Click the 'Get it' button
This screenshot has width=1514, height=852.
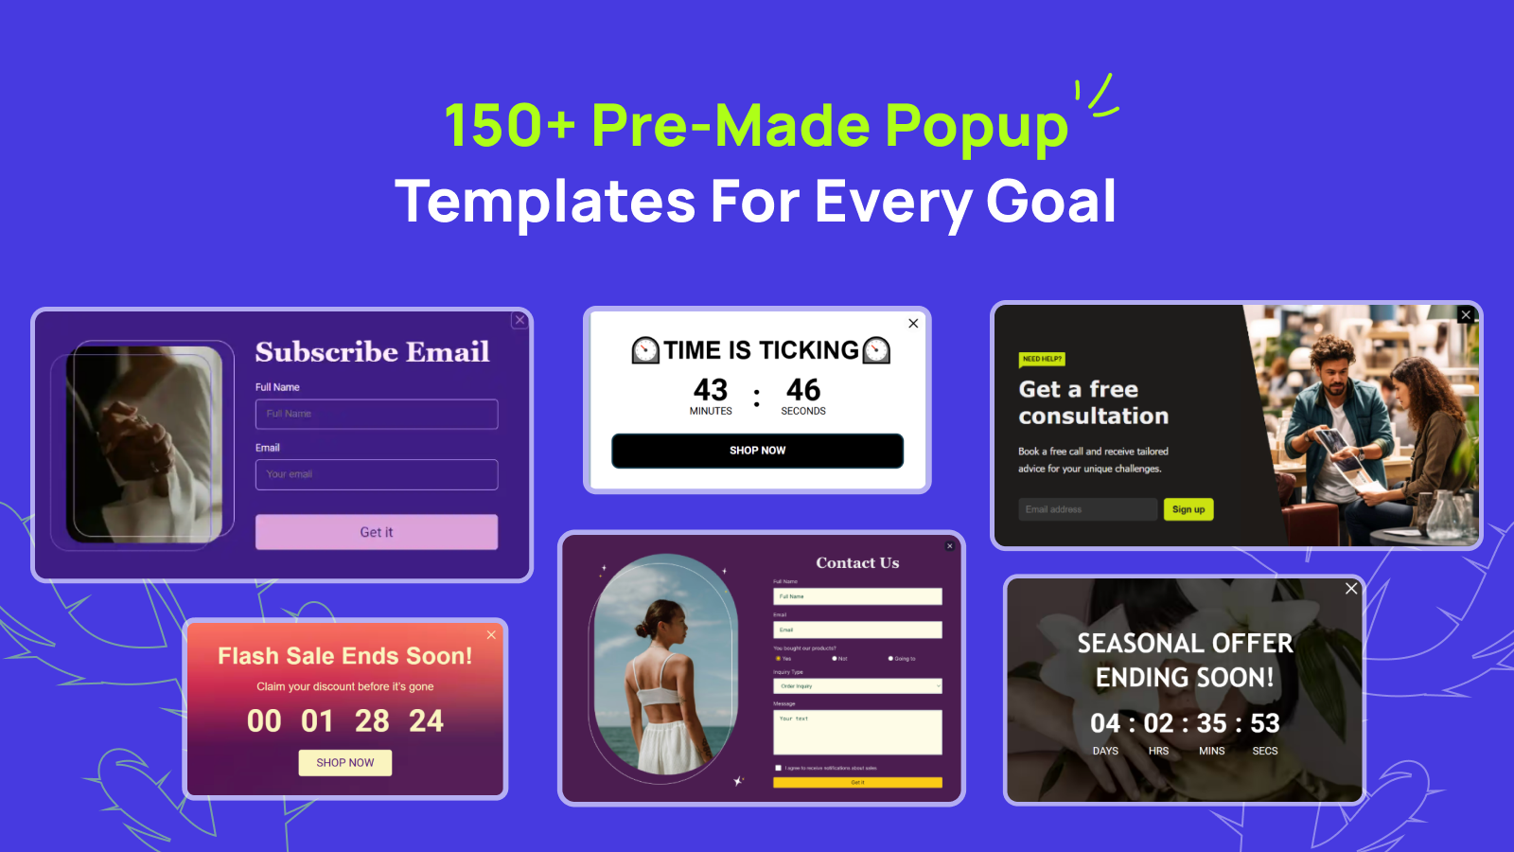(x=377, y=532)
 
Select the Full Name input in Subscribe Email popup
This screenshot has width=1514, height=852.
(x=377, y=414)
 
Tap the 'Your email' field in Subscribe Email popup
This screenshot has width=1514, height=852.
(x=377, y=474)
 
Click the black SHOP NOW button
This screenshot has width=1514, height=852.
(x=757, y=451)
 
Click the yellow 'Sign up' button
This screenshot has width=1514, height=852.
(x=1188, y=509)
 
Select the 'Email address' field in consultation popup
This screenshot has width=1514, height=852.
(x=1088, y=509)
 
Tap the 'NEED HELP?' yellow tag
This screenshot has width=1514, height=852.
(x=1042, y=359)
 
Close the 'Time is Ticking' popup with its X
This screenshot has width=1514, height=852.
(x=913, y=324)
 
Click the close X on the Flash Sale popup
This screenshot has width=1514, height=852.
(x=491, y=635)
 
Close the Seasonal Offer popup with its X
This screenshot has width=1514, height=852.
(x=1351, y=589)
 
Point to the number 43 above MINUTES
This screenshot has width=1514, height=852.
(x=711, y=390)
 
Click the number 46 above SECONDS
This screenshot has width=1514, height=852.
(x=803, y=390)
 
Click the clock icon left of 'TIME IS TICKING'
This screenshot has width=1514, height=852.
(x=645, y=350)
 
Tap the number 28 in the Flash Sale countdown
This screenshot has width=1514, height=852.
(x=372, y=721)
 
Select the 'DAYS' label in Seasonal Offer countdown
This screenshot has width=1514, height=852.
(x=1105, y=751)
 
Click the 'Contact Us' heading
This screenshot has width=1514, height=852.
(x=857, y=562)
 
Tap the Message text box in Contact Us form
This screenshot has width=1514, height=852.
(x=857, y=732)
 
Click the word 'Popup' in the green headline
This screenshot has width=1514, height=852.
(x=977, y=125)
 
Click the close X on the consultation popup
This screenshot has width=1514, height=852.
(x=1466, y=315)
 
